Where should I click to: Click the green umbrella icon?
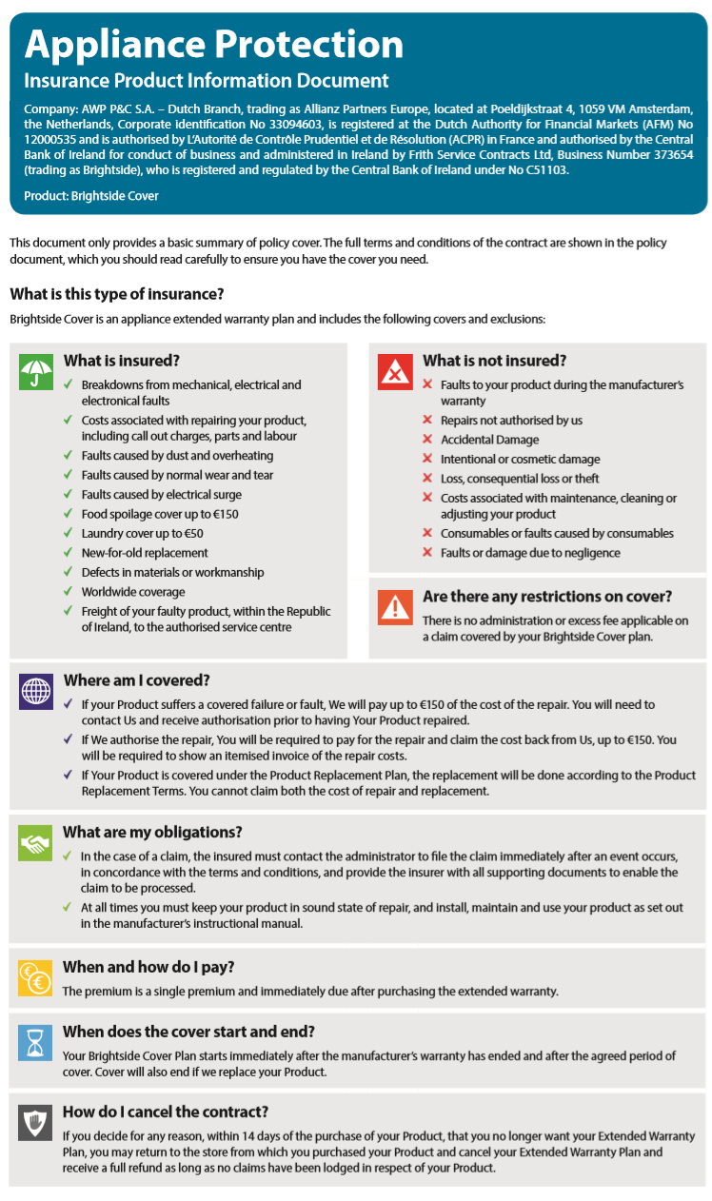(x=36, y=372)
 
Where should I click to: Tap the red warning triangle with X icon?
(x=395, y=372)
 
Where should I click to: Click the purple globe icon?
(x=36, y=691)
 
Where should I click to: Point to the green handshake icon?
(x=36, y=842)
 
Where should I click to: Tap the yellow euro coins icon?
(x=36, y=977)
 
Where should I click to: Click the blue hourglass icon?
(x=36, y=1043)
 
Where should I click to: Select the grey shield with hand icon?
(x=36, y=1123)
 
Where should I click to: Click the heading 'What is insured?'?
(x=122, y=361)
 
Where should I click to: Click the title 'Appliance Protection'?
(x=214, y=44)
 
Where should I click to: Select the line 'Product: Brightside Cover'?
(x=91, y=196)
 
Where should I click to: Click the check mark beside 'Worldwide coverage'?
(x=68, y=592)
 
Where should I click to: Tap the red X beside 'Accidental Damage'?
(x=427, y=440)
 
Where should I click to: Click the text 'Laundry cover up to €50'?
(x=142, y=533)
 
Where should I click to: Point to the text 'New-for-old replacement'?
(x=145, y=553)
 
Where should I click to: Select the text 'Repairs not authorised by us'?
(x=511, y=420)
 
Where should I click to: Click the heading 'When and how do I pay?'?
(x=148, y=967)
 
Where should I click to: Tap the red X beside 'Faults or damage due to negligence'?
(x=427, y=553)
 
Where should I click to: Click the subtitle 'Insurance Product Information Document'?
(x=207, y=81)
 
